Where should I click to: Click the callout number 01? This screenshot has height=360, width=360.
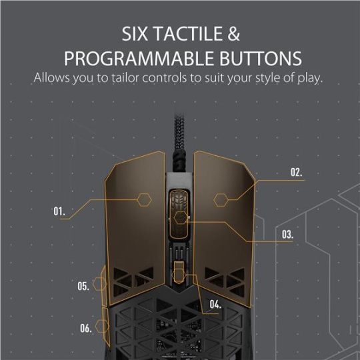click(59, 211)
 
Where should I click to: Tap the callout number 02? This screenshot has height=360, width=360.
click(297, 172)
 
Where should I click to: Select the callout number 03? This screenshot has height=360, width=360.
click(287, 235)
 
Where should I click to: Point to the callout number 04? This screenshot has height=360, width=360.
click(215, 305)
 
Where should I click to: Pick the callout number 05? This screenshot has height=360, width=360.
click(83, 286)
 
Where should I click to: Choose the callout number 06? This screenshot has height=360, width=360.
click(86, 328)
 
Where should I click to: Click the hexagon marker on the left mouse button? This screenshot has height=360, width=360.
click(145, 200)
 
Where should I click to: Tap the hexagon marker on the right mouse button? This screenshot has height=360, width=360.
click(221, 200)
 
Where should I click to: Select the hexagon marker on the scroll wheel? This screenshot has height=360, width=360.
click(181, 217)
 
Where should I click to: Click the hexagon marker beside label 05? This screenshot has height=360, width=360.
click(99, 284)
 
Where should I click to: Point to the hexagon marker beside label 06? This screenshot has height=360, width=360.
click(102, 326)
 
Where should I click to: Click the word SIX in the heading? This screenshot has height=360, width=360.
click(135, 34)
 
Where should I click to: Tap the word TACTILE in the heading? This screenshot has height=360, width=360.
click(188, 34)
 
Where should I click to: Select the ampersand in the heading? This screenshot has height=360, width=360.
click(234, 34)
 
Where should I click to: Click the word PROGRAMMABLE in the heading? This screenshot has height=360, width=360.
click(139, 59)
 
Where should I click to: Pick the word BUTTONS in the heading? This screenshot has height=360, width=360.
click(261, 59)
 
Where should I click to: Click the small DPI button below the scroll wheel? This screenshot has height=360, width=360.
click(179, 272)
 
